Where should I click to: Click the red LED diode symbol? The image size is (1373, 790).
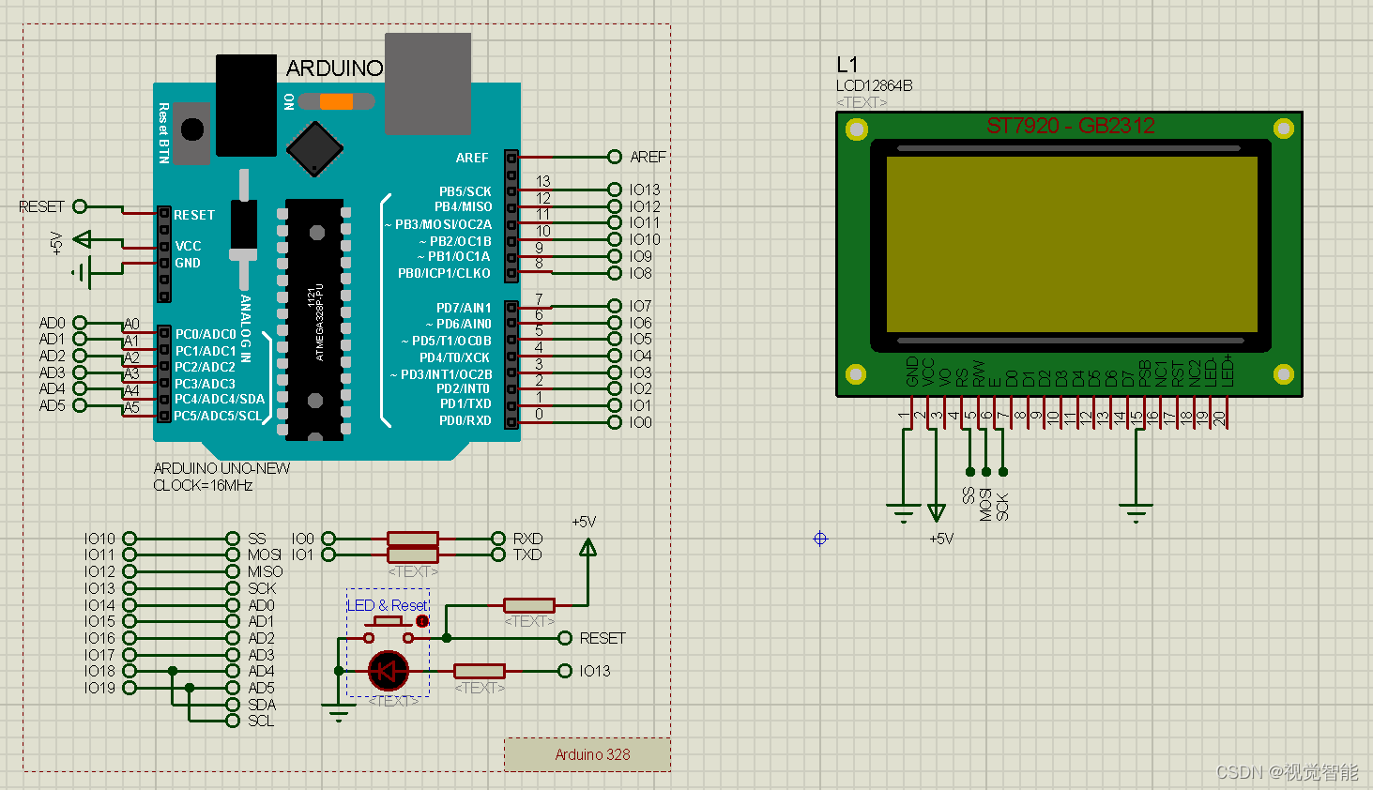[388, 671]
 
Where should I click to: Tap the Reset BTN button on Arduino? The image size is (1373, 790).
[192, 129]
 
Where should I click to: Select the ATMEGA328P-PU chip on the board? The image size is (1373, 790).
[314, 319]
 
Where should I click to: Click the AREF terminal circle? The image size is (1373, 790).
[615, 157]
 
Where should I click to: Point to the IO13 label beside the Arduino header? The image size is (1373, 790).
[645, 190]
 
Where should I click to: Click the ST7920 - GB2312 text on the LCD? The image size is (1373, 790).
[1070, 126]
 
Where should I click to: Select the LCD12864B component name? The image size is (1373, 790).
[874, 85]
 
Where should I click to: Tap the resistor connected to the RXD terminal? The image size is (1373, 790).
[413, 539]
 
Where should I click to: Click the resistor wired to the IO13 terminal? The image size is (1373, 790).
[480, 671]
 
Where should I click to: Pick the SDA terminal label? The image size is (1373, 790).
[262, 705]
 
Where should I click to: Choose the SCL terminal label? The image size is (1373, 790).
[261, 721]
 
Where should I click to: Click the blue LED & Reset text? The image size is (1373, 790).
[388, 605]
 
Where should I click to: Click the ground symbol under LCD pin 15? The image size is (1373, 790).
[1136, 511]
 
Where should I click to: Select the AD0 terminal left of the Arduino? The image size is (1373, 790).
[80, 323]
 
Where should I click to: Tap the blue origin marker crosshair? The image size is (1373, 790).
[820, 539]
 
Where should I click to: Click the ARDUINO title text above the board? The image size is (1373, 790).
[334, 68]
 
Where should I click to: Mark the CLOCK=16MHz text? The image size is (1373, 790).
[203, 485]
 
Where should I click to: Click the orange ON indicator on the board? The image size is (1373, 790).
[336, 101]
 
